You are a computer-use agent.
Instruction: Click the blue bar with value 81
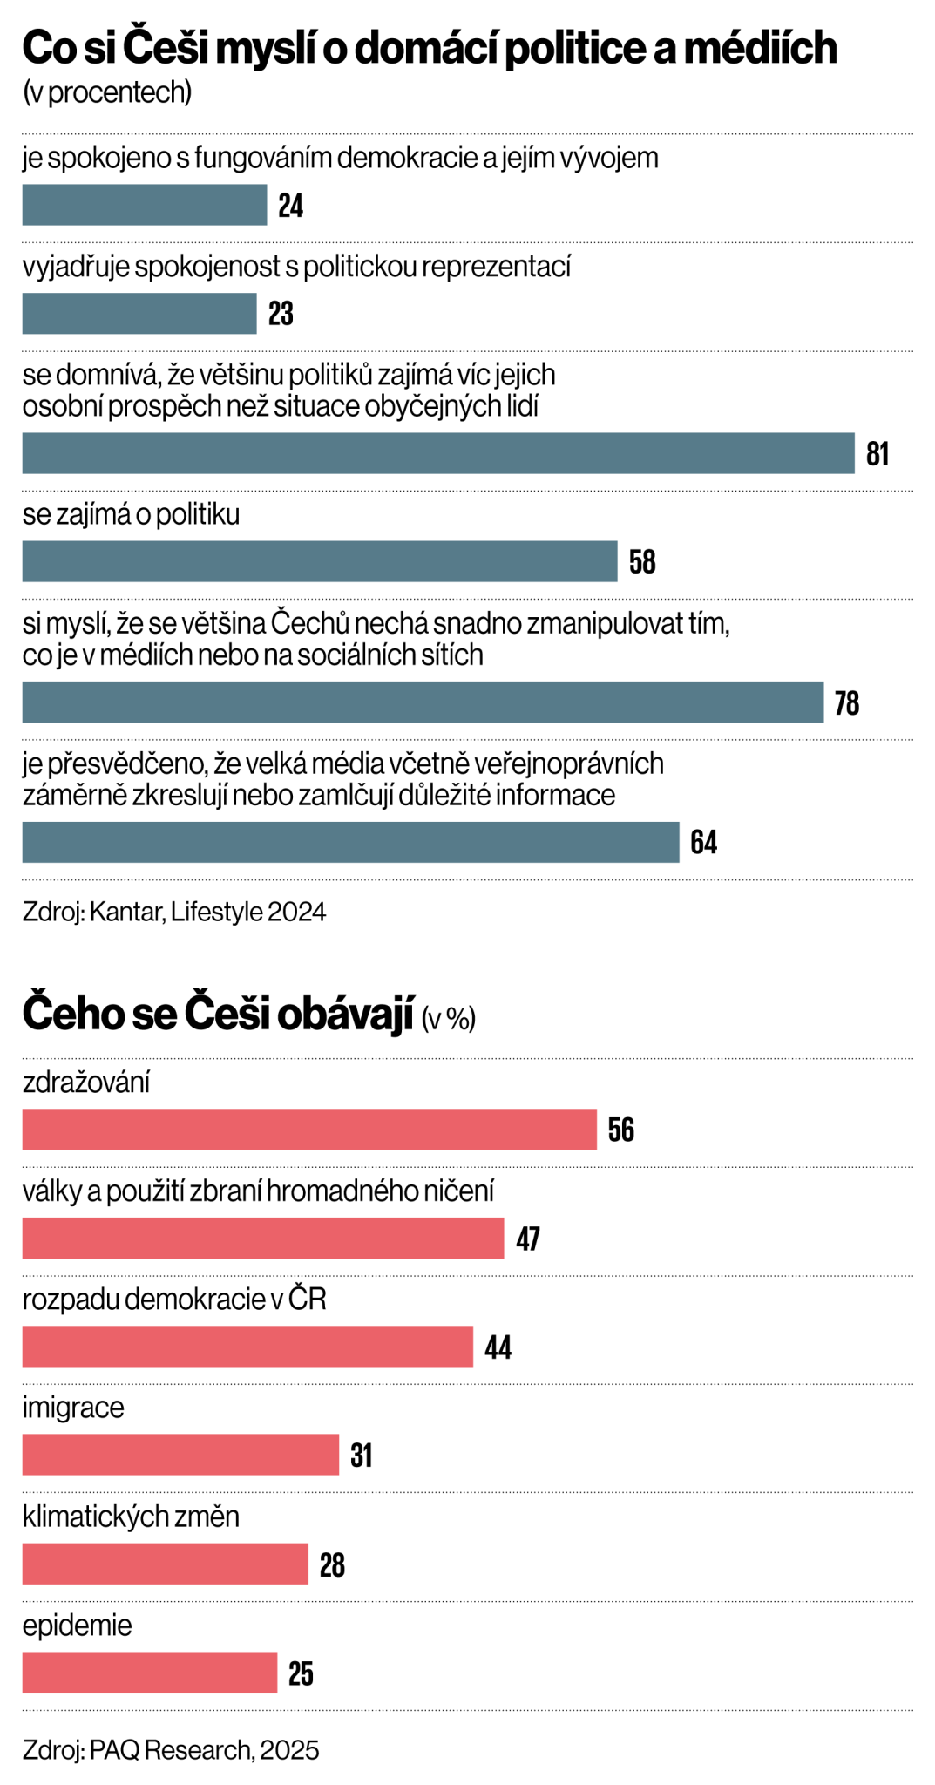437,453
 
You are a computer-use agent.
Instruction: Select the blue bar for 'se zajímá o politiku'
319,561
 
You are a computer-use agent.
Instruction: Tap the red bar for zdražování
309,1130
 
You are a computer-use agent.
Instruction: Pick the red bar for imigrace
180,1455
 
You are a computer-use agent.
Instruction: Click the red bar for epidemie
149,1673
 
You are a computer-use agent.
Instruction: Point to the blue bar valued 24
144,205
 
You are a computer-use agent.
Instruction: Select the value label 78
846,702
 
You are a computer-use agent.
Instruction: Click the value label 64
703,843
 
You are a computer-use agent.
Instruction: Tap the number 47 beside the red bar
528,1239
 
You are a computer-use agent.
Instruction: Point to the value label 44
498,1347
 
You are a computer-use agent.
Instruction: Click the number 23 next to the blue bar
281,314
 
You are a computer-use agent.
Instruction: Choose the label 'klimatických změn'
131,1517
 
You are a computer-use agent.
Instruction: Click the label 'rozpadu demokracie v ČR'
174,1300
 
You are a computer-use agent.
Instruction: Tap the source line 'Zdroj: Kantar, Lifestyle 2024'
174,912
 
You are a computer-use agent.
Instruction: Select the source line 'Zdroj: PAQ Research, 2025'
171,1750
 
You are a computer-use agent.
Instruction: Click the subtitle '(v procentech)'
107,92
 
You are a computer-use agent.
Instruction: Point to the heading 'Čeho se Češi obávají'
217,1015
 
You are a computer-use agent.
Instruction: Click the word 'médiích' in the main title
760,49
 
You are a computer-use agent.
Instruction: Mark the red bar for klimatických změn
165,1564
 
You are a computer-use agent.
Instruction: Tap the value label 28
332,1565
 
